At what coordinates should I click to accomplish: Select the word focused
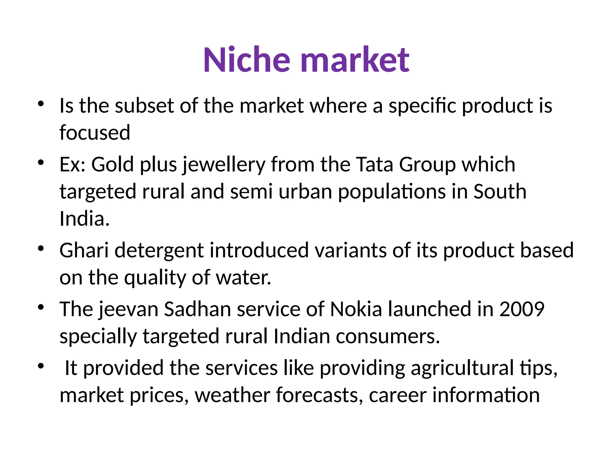point(95,132)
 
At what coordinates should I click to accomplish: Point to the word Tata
point(374,165)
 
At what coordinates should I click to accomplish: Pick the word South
point(500,192)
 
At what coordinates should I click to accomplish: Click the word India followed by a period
point(84,219)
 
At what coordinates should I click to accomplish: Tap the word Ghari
point(84,250)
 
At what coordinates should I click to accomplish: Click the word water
point(243,278)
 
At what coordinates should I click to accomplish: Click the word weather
point(232,395)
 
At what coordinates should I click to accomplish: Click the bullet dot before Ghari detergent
point(41,249)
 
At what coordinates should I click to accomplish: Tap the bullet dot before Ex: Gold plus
point(41,163)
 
